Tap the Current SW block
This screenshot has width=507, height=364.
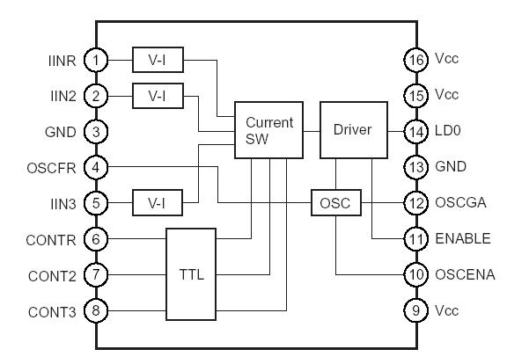point(268,131)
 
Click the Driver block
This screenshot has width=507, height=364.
point(352,130)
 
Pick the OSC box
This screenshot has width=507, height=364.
point(335,203)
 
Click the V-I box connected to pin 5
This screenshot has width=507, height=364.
point(157,203)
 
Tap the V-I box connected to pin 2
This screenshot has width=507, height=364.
point(157,95)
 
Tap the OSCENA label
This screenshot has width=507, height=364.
point(464,274)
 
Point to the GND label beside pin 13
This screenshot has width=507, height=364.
point(449,167)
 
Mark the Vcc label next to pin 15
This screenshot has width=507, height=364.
point(446,95)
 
